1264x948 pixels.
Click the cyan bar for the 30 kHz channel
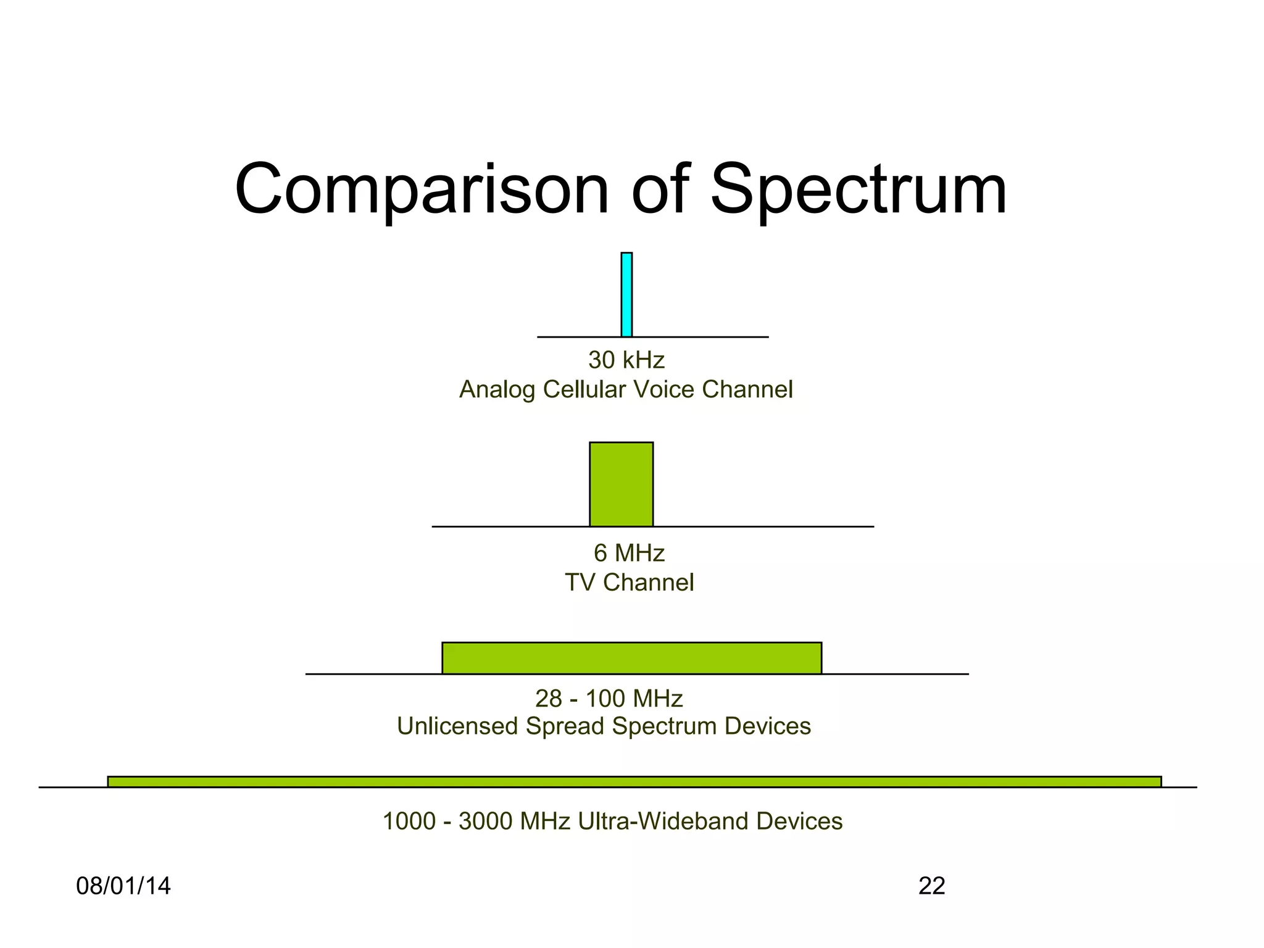[626, 294]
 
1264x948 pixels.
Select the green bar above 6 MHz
[621, 484]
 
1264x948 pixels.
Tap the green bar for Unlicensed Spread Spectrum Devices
[631, 658]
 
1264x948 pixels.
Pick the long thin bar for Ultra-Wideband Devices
[634, 782]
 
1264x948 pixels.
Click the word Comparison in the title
[422, 190]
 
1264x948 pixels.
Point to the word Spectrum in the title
[859, 190]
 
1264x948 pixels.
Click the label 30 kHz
[626, 360]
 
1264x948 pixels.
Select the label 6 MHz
[629, 553]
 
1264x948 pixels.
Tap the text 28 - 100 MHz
[609, 699]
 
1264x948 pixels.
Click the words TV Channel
[629, 583]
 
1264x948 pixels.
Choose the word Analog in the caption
[497, 390]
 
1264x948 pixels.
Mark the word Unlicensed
[457, 726]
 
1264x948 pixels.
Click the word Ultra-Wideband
[663, 821]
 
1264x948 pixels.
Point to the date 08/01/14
[123, 886]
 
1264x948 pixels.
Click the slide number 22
[931, 886]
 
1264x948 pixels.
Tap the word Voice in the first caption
[663, 390]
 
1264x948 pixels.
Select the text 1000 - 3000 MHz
[476, 821]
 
